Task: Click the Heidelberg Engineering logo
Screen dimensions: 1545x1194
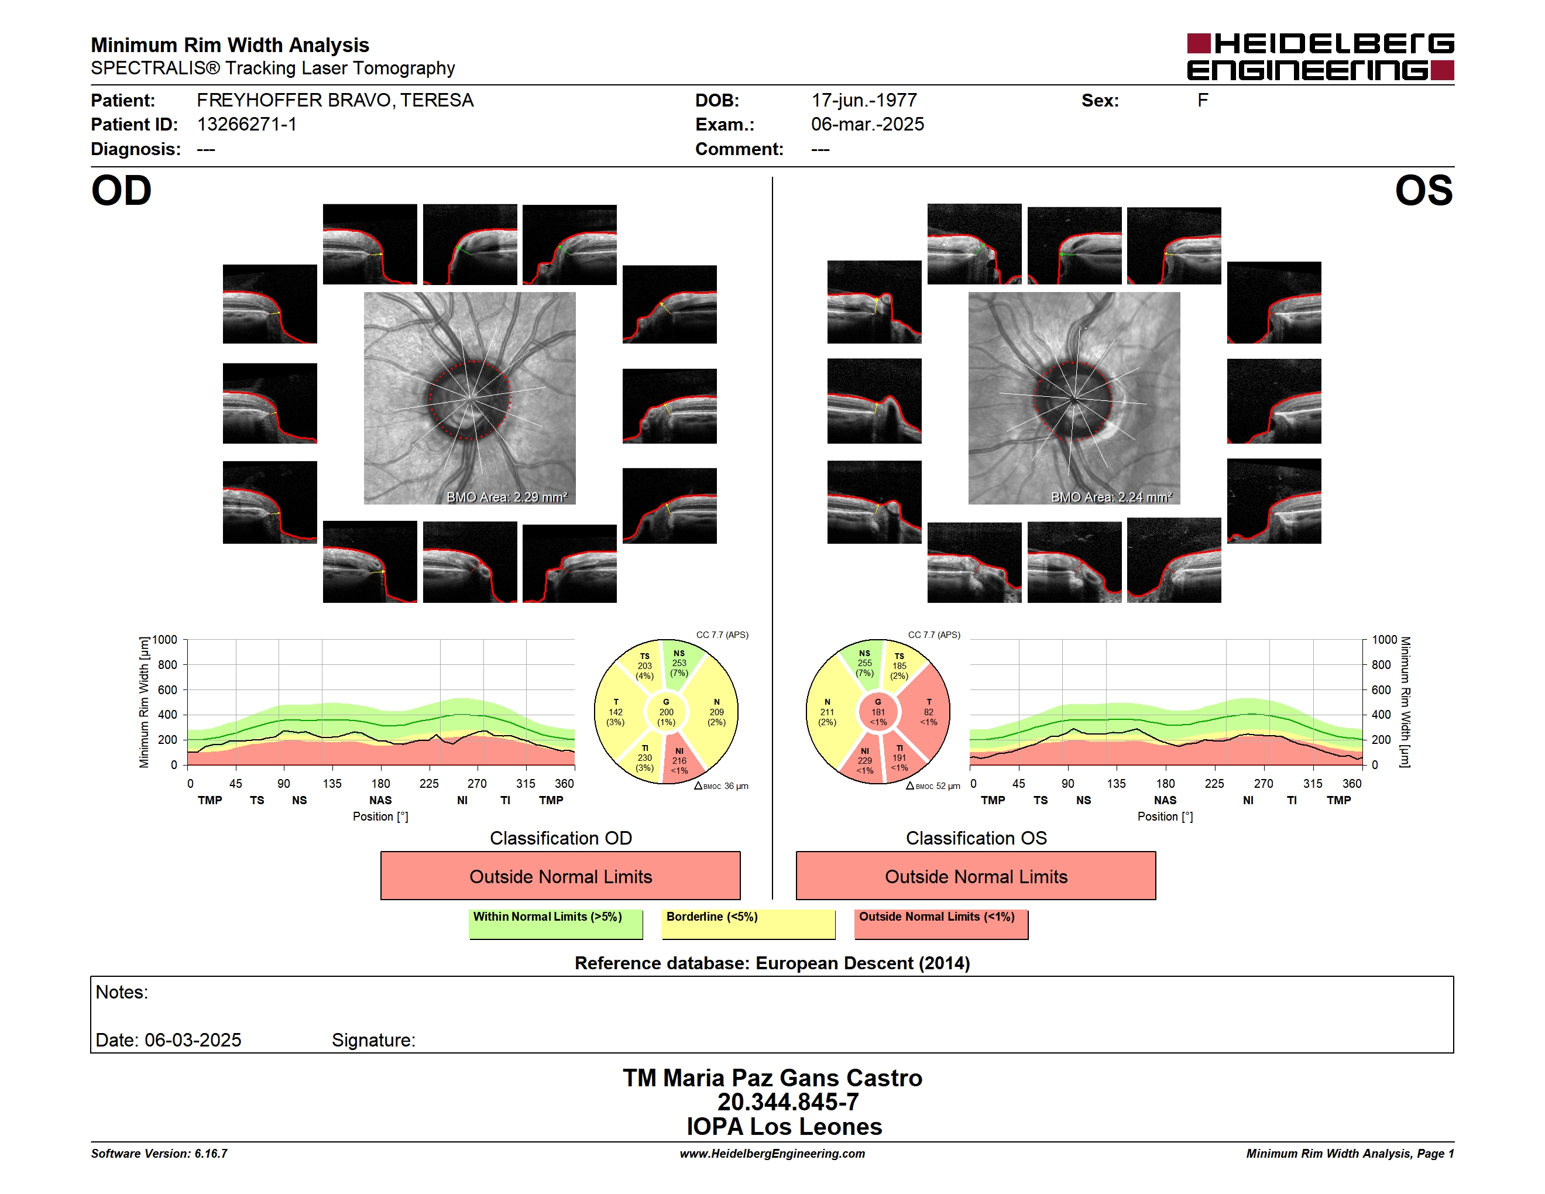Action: [1320, 57]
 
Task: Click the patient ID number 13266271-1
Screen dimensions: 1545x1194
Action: [247, 125]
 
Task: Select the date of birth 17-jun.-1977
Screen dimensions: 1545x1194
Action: [864, 101]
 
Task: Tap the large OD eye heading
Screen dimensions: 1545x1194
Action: [122, 191]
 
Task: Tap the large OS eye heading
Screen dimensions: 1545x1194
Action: [1423, 191]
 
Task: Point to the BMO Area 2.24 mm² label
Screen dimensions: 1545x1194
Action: [1111, 497]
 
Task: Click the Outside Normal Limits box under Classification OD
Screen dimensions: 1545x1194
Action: [560, 876]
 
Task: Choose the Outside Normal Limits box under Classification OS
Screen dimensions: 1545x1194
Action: [976, 876]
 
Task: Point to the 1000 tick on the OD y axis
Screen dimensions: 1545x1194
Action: [165, 640]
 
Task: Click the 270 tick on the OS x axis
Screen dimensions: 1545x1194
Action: [1264, 783]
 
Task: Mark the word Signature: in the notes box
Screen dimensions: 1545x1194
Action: [373, 1040]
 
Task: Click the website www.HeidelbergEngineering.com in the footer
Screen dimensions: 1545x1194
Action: [772, 1154]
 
